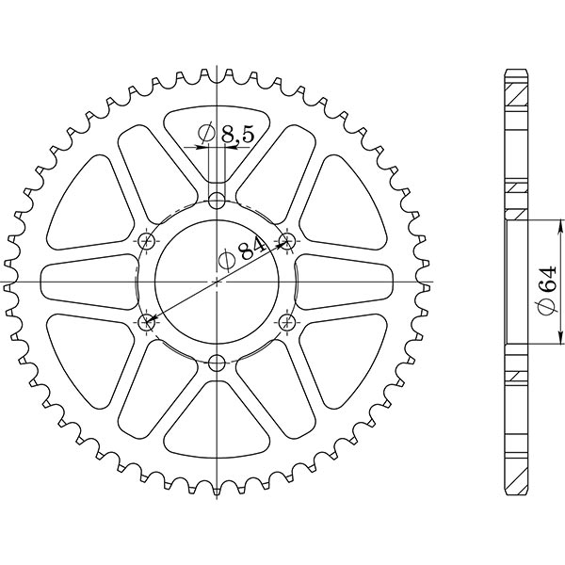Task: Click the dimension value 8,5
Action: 237,137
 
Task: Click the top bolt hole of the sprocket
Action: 218,201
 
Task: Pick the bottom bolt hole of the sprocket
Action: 218,363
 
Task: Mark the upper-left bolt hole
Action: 147,241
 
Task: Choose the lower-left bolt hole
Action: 147,323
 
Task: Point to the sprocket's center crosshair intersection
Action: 218,282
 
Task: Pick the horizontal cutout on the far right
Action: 348,282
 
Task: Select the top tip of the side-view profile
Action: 516,72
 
